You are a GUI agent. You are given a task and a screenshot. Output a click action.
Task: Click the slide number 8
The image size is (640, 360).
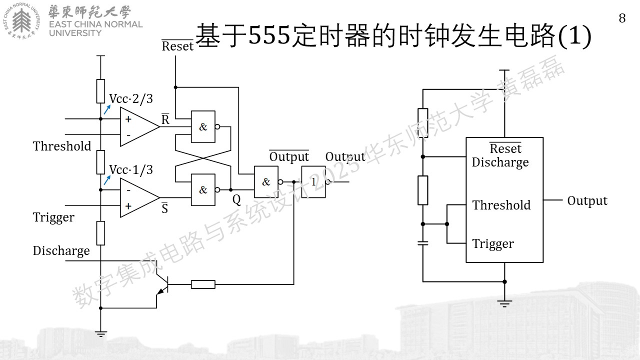coord(622,18)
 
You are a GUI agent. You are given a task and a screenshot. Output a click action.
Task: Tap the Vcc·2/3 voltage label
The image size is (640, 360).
coord(131,99)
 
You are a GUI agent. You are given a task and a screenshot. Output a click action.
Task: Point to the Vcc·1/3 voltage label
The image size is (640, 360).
coord(131,169)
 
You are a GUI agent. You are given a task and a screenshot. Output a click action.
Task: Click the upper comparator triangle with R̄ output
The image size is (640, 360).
coord(139,126)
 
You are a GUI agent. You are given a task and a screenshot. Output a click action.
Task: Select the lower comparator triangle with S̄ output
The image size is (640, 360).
coord(139,197)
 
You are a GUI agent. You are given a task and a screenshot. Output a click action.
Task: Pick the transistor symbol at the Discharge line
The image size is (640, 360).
coord(161,284)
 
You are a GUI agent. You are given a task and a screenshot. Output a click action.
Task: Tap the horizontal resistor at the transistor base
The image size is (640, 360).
coord(203,284)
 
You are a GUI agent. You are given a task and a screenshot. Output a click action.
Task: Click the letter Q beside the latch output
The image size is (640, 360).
coord(236,199)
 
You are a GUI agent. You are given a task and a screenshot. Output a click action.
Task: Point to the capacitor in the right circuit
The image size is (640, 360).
coord(423,243)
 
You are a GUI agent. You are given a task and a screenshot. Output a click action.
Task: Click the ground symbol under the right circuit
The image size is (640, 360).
coord(504,303)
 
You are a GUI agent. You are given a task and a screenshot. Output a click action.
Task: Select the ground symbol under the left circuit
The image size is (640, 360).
coord(100,334)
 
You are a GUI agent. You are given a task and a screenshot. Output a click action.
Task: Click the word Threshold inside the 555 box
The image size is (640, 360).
coord(501,205)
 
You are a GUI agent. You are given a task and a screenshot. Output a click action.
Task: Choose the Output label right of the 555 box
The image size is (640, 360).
coord(587,201)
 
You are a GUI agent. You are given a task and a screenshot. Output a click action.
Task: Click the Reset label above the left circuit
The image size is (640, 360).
coord(177,45)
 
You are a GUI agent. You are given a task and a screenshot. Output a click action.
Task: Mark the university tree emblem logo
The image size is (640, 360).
coord(21,21)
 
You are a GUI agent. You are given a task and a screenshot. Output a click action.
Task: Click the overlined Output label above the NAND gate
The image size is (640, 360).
coord(289,156)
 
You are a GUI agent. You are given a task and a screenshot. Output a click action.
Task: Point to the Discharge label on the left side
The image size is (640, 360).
coord(61,251)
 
